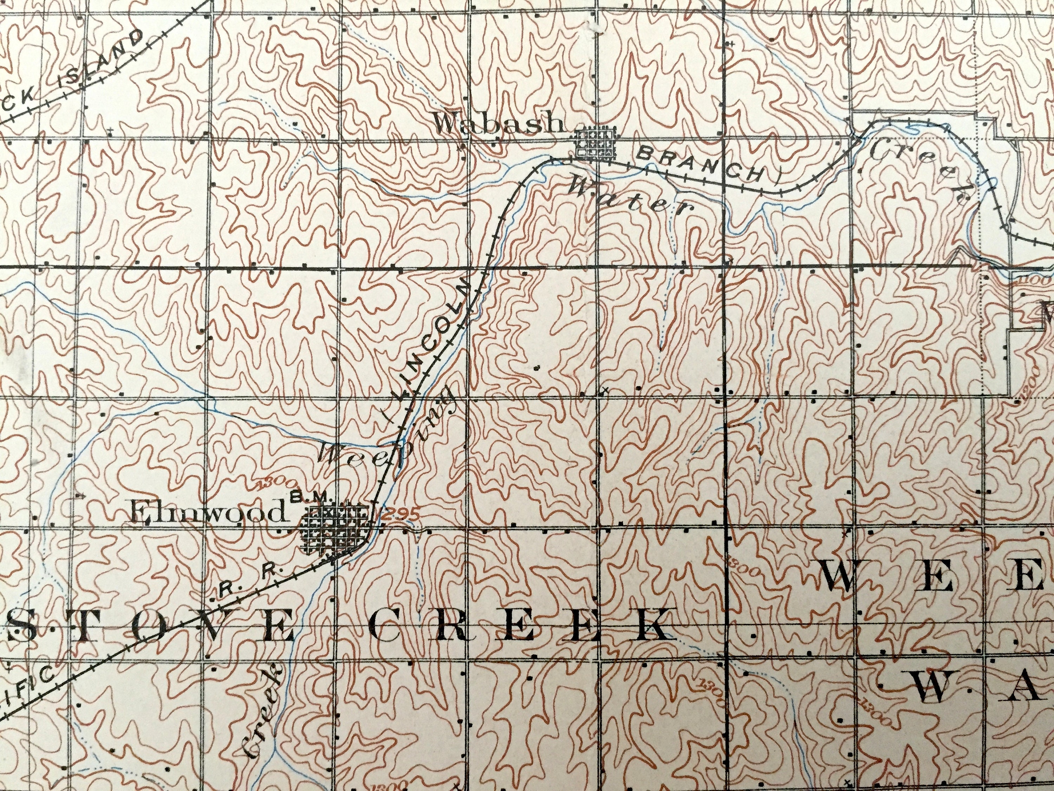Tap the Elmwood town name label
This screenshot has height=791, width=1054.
coord(208,514)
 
